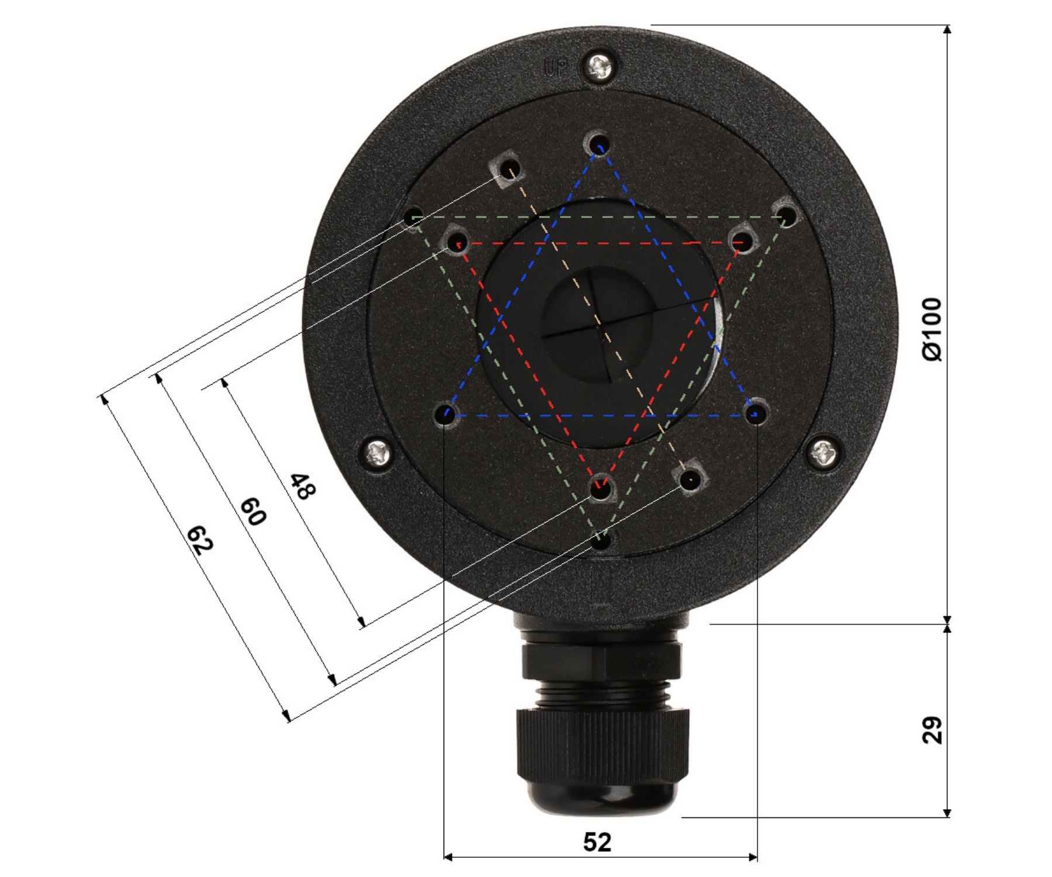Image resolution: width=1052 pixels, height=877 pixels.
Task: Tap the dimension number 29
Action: [x=932, y=730]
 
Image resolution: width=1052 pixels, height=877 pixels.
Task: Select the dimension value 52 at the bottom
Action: [x=597, y=842]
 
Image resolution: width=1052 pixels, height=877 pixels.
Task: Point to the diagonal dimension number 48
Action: [x=303, y=486]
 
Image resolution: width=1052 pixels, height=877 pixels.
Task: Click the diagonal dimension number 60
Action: [x=253, y=511]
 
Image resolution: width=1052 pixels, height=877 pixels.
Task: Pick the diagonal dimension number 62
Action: [x=199, y=540]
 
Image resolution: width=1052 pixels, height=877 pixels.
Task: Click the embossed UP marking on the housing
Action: [x=555, y=68]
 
